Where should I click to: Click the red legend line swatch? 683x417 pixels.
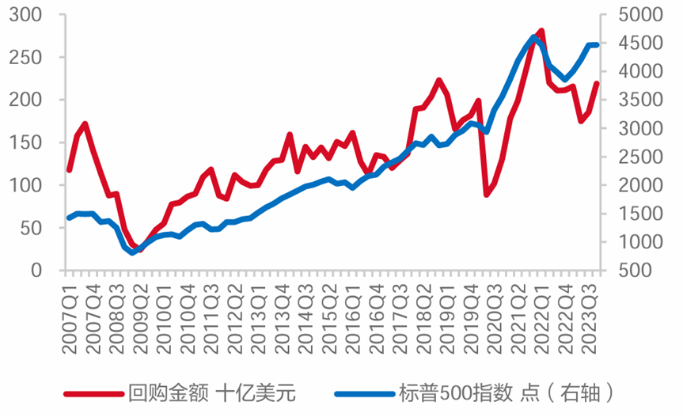(93, 392)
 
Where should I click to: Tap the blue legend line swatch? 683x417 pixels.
(363, 392)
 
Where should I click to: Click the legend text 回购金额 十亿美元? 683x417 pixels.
(211, 392)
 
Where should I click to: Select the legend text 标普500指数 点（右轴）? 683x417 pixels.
(507, 392)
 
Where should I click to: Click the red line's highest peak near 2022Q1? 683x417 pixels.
(541, 31)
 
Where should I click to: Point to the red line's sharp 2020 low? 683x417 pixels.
(487, 194)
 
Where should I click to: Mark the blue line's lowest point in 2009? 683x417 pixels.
(133, 252)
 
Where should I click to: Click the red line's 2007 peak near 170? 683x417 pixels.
(85, 124)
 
